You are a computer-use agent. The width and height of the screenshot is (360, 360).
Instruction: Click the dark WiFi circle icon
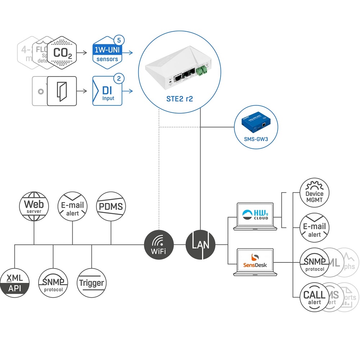pyautogui.click(x=159, y=244)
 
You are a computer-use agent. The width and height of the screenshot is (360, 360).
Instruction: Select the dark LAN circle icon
pyautogui.click(x=201, y=244)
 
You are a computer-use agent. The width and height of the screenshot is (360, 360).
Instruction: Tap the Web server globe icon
pyautogui.click(x=34, y=206)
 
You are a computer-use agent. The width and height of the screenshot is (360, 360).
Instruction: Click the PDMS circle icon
pyautogui.click(x=111, y=206)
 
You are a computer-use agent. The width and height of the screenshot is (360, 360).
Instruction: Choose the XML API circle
pyautogui.click(x=15, y=283)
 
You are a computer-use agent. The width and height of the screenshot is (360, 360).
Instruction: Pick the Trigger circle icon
pyautogui.click(x=91, y=283)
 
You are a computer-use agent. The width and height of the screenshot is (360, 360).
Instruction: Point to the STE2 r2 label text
pyautogui.click(x=179, y=99)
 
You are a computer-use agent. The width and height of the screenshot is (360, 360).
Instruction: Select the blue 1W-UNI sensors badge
pyautogui.click(x=107, y=54)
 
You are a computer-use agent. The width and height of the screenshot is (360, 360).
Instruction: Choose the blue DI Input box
pyautogui.click(x=107, y=91)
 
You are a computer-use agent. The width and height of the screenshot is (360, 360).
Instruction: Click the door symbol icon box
pyautogui.click(x=62, y=91)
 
